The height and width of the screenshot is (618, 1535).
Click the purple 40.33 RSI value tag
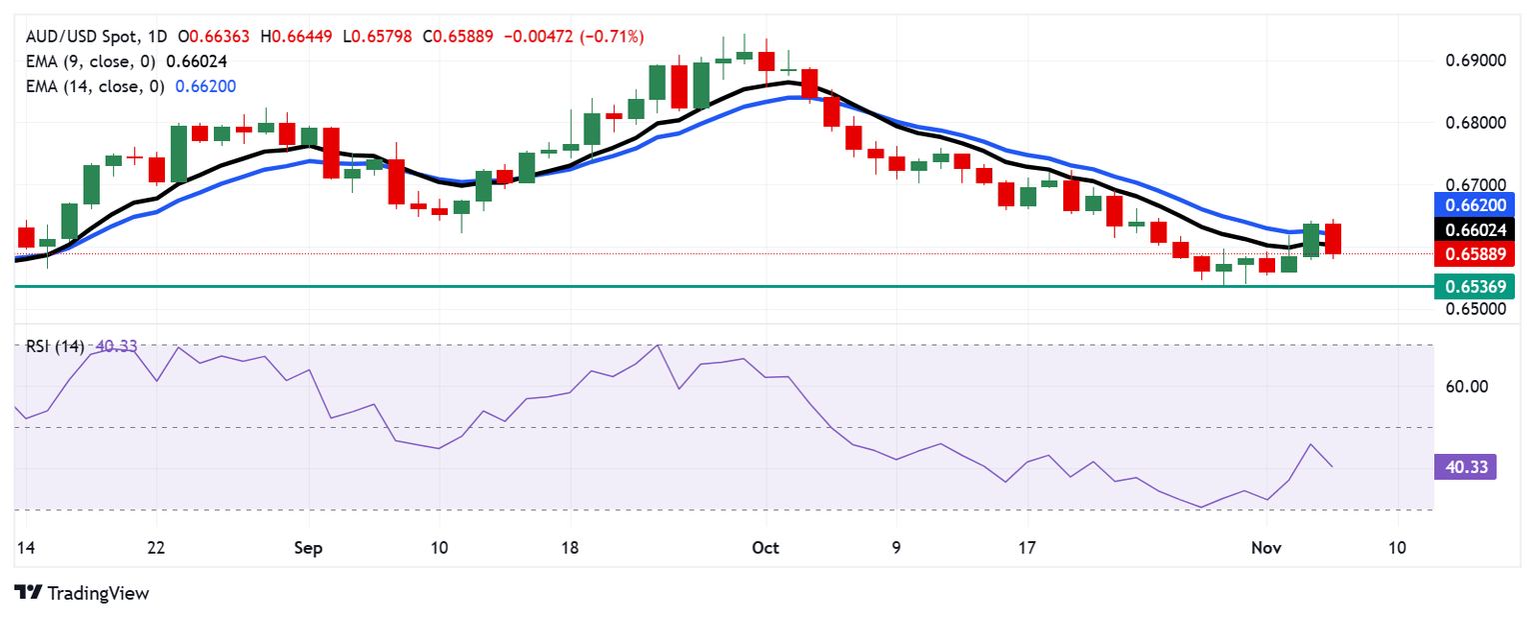tap(1464, 467)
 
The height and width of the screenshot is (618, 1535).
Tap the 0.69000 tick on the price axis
tap(1474, 61)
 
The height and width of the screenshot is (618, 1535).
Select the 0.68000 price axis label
tap(1474, 123)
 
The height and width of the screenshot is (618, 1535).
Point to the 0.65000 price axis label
tap(1474, 309)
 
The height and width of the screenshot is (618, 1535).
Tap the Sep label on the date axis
tap(308, 548)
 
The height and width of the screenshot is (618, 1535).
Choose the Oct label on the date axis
tap(766, 548)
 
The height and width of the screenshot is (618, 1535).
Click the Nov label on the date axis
tap(1266, 548)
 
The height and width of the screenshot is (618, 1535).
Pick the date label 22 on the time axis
tap(156, 548)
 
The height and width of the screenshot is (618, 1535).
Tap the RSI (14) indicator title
tap(55, 347)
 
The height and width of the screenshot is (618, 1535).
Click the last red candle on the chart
tap(1333, 238)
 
